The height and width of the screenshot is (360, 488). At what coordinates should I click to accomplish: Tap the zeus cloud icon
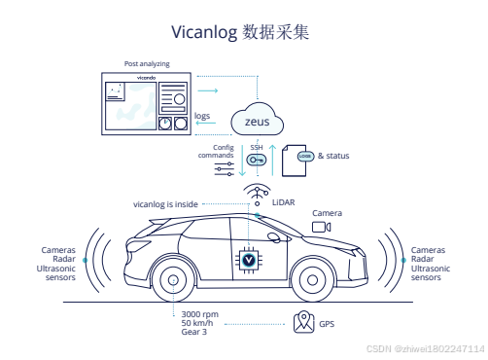coord(258,121)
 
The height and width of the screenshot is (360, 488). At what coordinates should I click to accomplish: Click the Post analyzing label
coord(146,63)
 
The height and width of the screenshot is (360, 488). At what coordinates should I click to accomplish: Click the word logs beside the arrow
coord(202,116)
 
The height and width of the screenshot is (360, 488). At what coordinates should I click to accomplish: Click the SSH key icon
coord(257,161)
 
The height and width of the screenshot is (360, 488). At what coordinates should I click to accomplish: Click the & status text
coord(333,156)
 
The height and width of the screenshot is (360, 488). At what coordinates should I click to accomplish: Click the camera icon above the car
coord(320,227)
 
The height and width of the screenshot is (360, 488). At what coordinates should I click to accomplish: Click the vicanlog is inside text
coord(165,204)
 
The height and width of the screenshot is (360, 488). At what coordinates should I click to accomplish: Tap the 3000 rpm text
coord(200,315)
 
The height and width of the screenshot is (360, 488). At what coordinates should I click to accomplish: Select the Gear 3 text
coord(194,333)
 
